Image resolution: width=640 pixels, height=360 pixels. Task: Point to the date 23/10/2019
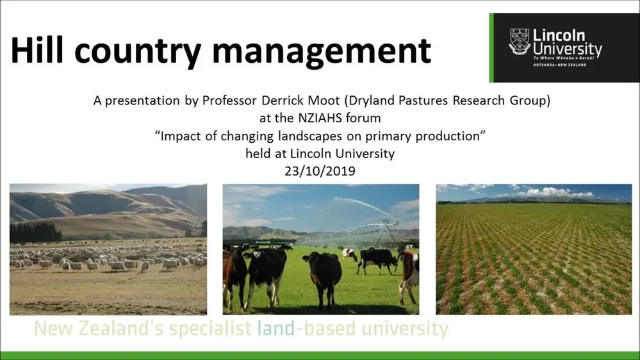click(320, 171)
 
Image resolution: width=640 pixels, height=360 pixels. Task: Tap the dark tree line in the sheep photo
click(36, 232)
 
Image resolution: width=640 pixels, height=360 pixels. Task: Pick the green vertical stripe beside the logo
click(491, 48)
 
